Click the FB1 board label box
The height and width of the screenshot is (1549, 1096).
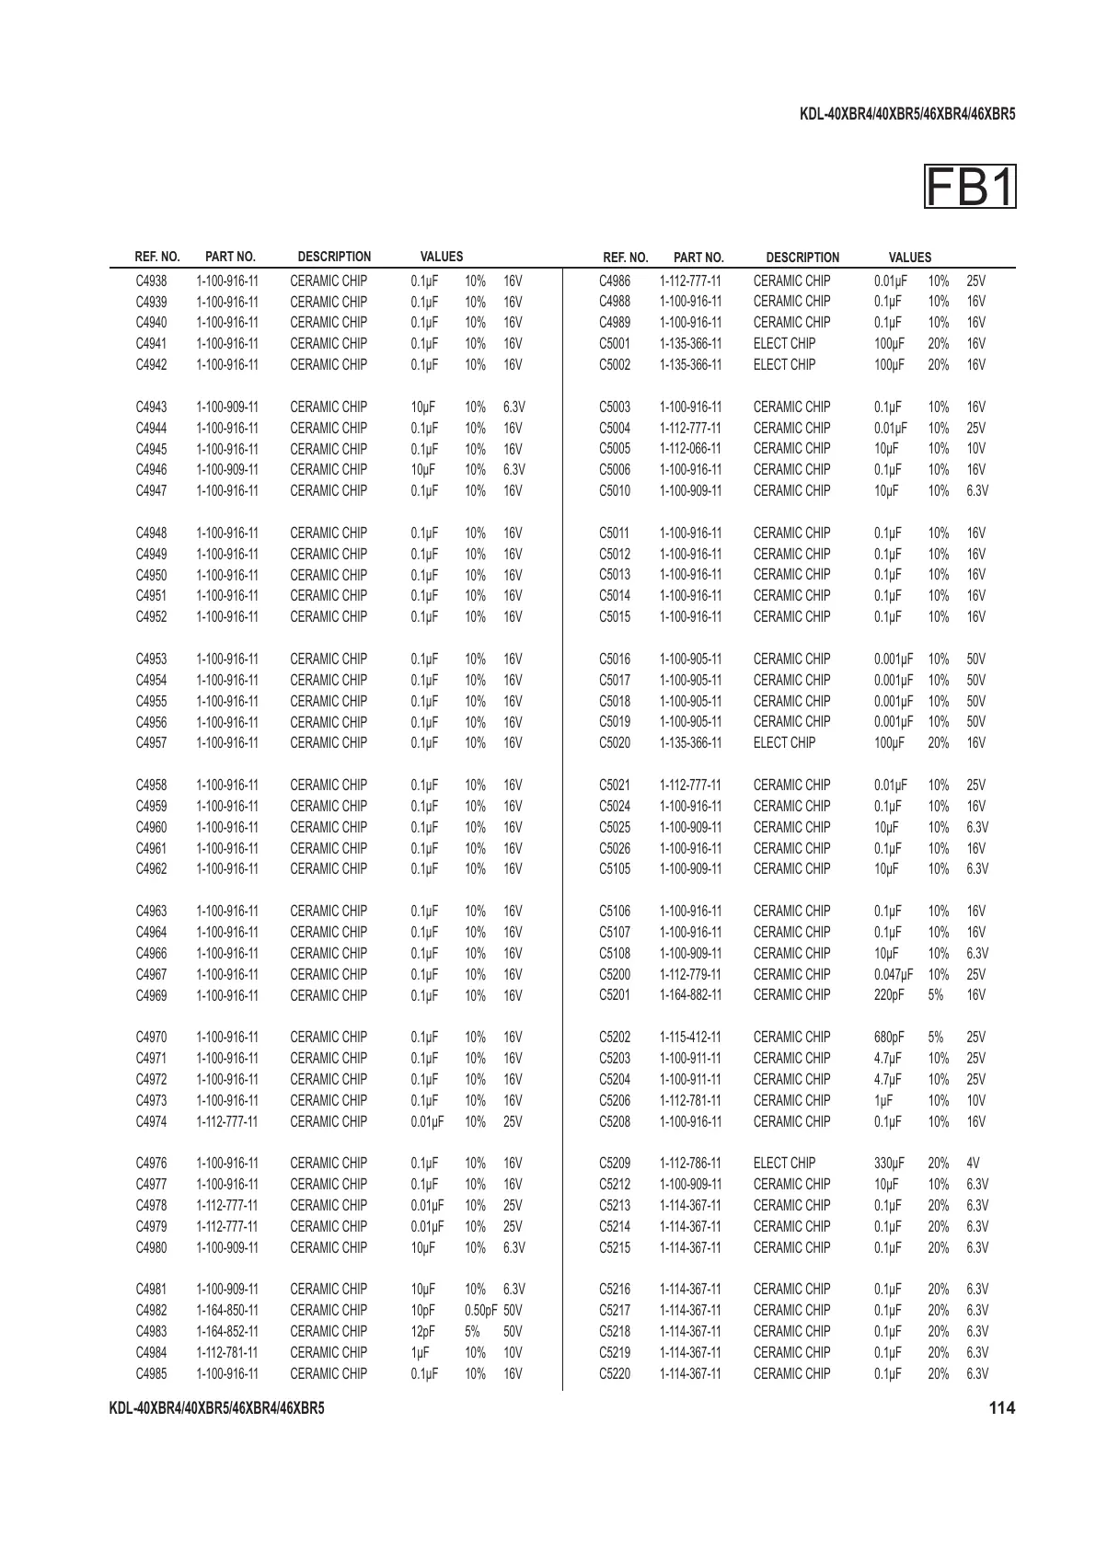(x=970, y=187)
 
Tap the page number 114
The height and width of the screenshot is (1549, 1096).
(x=1001, y=1407)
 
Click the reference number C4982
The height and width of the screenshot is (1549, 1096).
(x=151, y=1310)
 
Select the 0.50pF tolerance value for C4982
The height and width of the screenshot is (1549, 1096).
(x=481, y=1310)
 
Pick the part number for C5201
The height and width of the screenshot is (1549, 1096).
(x=690, y=995)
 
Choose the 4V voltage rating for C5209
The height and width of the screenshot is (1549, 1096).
(x=974, y=1163)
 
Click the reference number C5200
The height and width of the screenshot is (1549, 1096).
(x=615, y=974)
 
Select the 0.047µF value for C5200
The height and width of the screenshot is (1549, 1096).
(x=894, y=974)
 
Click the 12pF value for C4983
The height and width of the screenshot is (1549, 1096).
(x=422, y=1331)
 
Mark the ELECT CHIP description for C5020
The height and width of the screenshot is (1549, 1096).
(x=784, y=742)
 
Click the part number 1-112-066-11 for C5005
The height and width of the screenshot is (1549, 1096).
(x=690, y=449)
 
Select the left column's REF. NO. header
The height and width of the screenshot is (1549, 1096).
(x=157, y=257)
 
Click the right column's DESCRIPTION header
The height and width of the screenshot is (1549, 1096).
(x=802, y=258)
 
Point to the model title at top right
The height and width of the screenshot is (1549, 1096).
(x=907, y=115)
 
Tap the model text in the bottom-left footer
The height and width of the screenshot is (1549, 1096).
(x=216, y=1408)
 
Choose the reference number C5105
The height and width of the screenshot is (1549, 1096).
(x=615, y=868)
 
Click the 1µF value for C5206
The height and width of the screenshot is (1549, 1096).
(x=883, y=1100)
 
